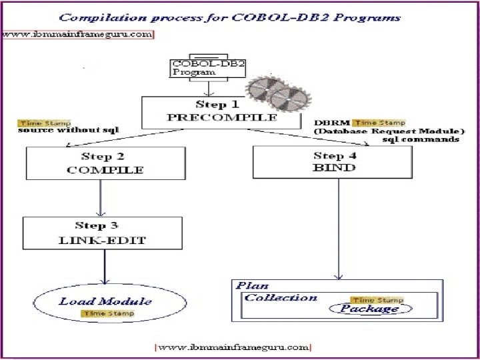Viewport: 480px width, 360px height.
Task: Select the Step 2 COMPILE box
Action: pos(105,163)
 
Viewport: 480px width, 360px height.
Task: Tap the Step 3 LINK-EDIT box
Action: pos(103,233)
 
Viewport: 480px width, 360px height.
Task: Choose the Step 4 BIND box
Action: pos(333,162)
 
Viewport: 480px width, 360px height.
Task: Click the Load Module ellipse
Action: pos(105,306)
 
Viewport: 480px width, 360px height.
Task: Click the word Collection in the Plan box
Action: pos(281,297)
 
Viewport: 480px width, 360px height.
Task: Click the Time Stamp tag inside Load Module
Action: pos(107,313)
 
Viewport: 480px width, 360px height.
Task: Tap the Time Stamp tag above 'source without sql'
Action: pos(39,123)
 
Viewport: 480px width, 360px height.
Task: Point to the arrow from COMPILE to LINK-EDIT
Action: pos(100,197)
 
